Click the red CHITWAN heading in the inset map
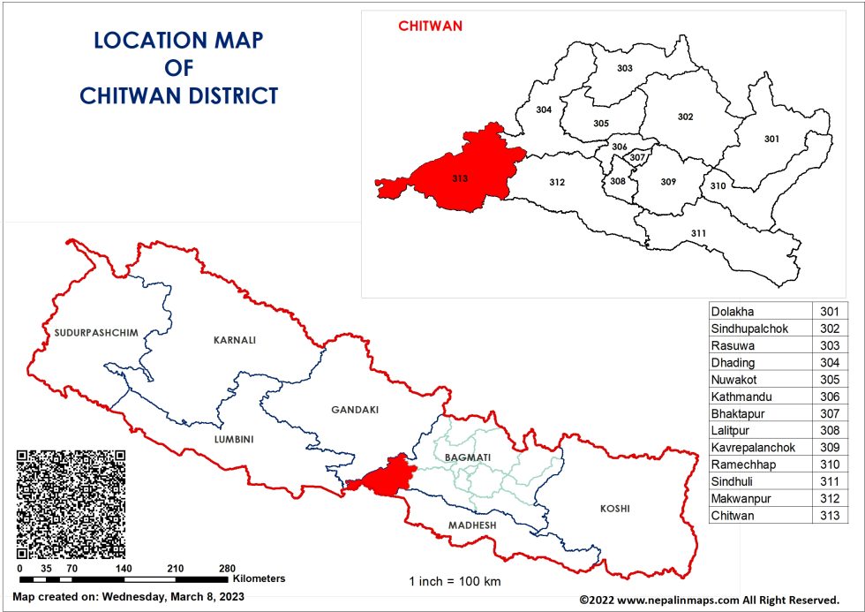click(x=430, y=26)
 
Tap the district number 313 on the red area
click(x=459, y=179)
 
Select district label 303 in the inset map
click(x=624, y=68)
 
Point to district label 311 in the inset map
click(x=698, y=233)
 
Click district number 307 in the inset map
click(x=637, y=158)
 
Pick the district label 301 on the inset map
click(x=771, y=139)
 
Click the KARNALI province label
click(x=234, y=339)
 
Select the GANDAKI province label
click(x=354, y=410)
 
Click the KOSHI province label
click(x=615, y=509)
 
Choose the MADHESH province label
click(x=473, y=525)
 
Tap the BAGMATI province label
click(x=468, y=457)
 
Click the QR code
click(x=71, y=503)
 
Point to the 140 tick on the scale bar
click(x=124, y=568)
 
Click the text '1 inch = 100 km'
click(x=455, y=581)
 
